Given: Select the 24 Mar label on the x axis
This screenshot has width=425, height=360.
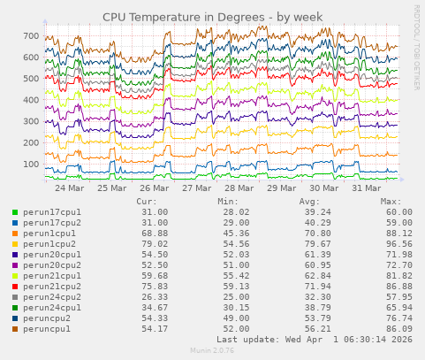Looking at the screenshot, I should (70, 188).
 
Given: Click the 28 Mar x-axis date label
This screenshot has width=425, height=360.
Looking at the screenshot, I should (239, 188).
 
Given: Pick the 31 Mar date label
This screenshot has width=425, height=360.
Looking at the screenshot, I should (367, 188).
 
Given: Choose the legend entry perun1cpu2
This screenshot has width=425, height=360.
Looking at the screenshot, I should (49, 244).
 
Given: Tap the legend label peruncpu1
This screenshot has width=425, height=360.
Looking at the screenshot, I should (47, 329).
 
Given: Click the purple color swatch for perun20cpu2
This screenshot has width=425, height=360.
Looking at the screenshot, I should (14, 265).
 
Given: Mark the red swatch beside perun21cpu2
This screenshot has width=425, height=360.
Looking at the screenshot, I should (14, 287).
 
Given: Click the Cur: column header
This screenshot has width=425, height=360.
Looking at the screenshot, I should (148, 202).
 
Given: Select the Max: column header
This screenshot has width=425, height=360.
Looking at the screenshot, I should (391, 202).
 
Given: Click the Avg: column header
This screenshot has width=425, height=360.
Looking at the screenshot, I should (309, 202).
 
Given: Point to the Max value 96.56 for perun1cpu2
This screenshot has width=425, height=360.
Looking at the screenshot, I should (397, 244).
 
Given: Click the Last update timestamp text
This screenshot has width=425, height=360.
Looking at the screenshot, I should (314, 340).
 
